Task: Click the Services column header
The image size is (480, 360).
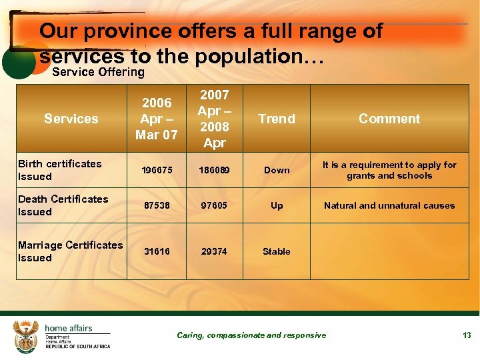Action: tap(71, 119)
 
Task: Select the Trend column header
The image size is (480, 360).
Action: tap(277, 119)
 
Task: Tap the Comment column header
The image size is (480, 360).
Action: tap(389, 119)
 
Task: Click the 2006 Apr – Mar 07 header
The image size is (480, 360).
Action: tap(157, 119)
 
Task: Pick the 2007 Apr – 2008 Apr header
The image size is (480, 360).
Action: tap(214, 119)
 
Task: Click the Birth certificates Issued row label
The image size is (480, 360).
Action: tap(60, 170)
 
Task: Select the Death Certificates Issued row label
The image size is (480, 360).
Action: tap(63, 205)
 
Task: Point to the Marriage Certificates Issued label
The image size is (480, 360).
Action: tap(70, 251)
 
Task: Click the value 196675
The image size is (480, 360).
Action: tap(157, 170)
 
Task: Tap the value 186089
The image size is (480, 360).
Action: tap(214, 170)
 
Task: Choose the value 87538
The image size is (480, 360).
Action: tap(157, 206)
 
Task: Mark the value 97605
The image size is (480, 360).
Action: tap(214, 206)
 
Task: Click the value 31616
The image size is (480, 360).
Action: tap(157, 251)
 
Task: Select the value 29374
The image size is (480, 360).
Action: tap(214, 251)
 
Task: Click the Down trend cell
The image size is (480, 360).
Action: tap(277, 170)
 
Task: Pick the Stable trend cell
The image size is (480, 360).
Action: tap(277, 251)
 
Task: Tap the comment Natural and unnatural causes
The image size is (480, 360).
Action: tap(389, 206)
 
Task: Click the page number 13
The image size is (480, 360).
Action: tap(467, 335)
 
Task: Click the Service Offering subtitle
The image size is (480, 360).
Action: tap(98, 71)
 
